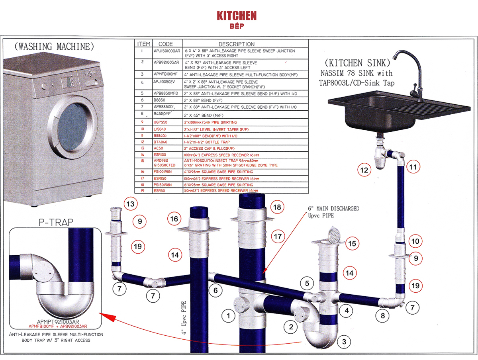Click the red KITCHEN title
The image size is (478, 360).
237,16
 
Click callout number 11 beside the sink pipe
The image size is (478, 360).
413,167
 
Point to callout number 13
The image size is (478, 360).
131,205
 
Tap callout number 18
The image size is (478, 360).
278,207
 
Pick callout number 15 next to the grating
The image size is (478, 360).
352,243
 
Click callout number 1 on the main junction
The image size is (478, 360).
228,316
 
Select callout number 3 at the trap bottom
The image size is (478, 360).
345,342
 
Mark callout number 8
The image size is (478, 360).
383,316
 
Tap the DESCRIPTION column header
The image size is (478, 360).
236,44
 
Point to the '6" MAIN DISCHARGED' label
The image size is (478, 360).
333,208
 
